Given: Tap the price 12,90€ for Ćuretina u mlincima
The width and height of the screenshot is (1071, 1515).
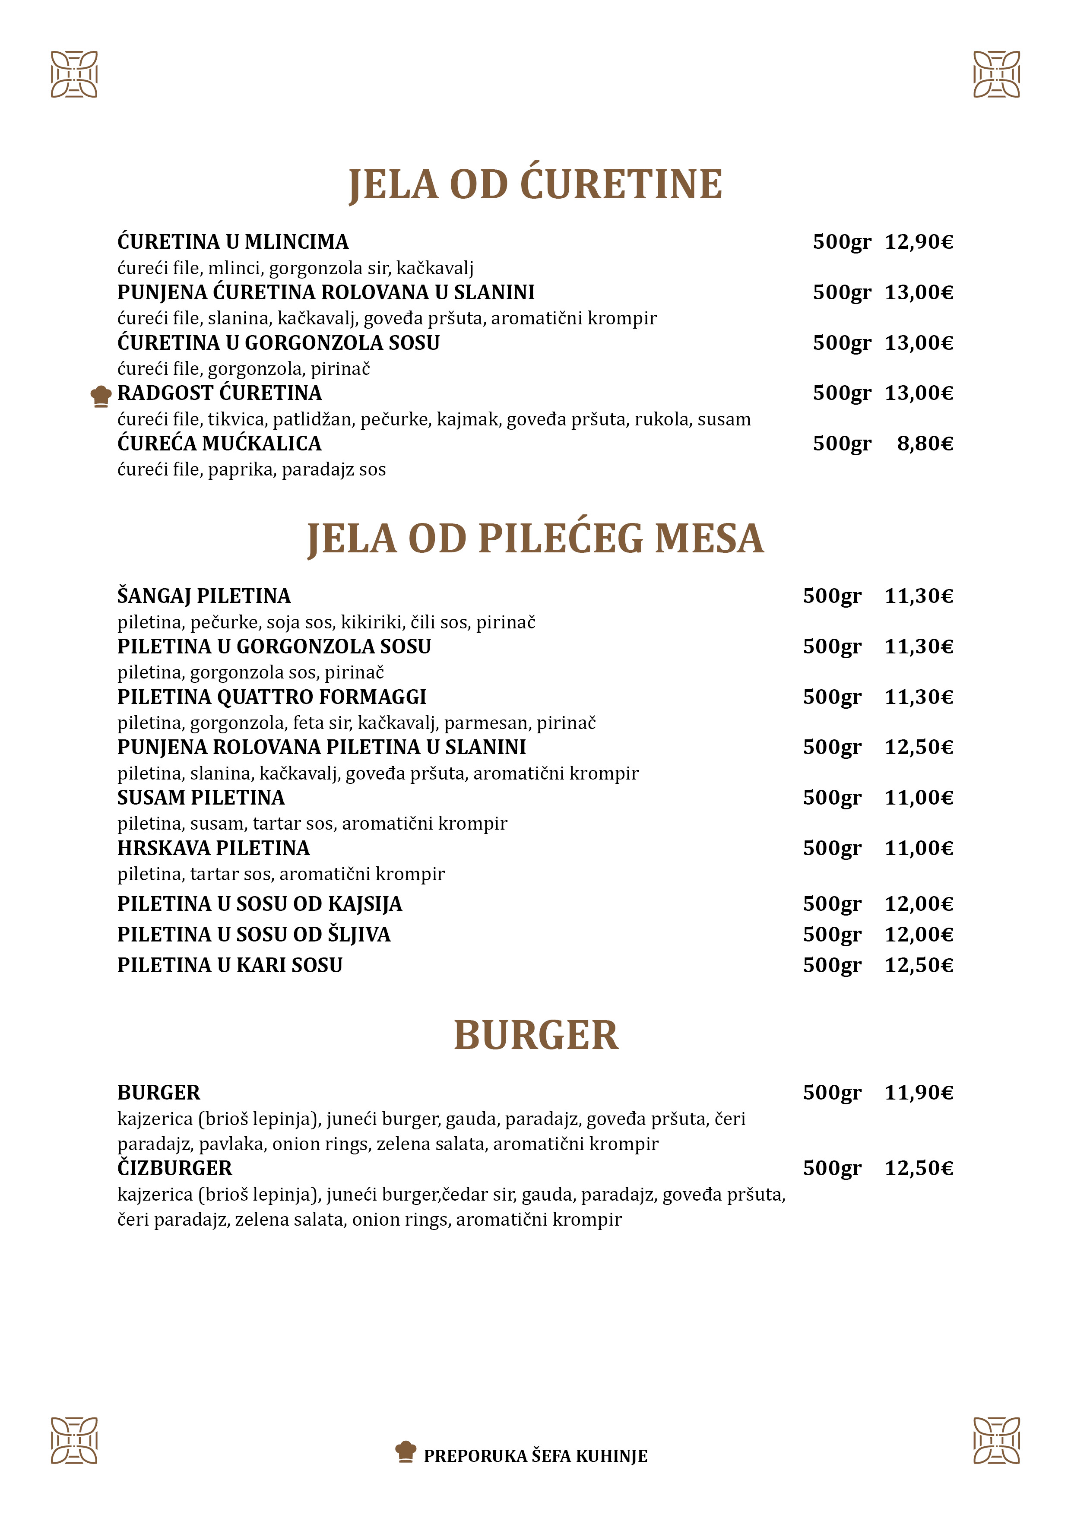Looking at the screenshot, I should click(919, 242).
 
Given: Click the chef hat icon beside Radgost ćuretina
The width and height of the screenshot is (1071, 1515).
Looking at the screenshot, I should click(101, 396).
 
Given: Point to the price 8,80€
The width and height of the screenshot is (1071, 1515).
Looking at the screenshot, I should click(925, 444).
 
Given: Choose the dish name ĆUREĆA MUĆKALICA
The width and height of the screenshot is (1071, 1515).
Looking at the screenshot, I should click(219, 444).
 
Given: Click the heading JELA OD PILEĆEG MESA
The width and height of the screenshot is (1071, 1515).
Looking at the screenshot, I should click(535, 539).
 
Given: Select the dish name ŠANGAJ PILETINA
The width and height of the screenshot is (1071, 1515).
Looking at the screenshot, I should click(204, 596).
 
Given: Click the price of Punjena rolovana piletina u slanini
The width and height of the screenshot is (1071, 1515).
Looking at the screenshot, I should click(919, 747).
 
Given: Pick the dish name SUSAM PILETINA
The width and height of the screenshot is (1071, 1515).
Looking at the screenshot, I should click(201, 798).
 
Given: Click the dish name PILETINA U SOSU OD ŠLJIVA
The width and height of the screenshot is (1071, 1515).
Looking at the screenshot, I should click(254, 934).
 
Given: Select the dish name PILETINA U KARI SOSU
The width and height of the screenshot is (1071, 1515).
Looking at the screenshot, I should click(230, 965).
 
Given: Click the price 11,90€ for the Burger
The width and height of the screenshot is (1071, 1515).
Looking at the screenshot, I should click(919, 1093).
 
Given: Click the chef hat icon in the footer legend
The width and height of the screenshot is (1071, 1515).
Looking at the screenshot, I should click(405, 1451).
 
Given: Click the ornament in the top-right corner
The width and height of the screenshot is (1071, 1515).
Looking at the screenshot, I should click(996, 74).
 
